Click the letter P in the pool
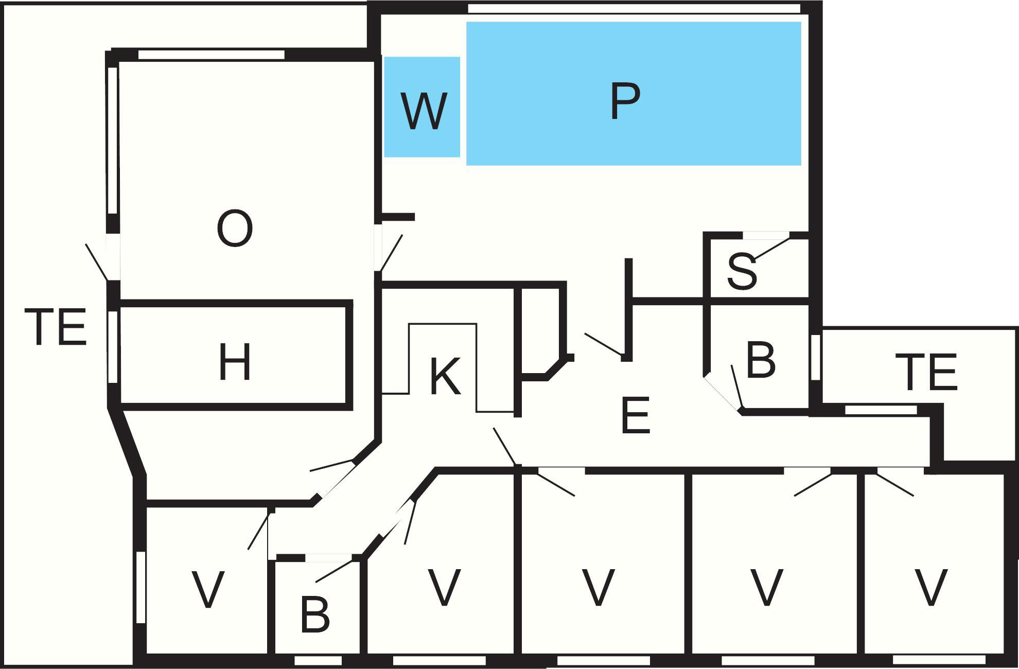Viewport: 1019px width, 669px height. tap(625, 101)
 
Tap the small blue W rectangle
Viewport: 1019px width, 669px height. tap(422, 107)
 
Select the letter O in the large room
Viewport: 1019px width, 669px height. tap(235, 229)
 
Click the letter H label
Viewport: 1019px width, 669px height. tap(235, 362)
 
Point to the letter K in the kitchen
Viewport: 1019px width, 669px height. tap(445, 377)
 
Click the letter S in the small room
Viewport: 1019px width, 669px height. tap(742, 272)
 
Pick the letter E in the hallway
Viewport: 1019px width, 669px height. tap(636, 415)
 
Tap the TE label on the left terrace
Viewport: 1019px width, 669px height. tap(56, 326)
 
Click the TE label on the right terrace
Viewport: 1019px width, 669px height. tap(926, 372)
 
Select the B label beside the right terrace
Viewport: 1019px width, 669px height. tap(761, 360)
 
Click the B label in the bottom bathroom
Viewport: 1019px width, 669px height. tap(314, 614)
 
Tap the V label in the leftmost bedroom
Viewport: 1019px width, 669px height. tap(208, 589)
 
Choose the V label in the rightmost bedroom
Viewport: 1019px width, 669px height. tap(931, 587)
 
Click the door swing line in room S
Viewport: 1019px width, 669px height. tap(771, 249)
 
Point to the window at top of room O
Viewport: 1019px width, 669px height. tap(212, 54)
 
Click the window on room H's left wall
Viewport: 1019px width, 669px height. tap(113, 347)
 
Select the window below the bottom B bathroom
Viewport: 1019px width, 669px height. tap(318, 660)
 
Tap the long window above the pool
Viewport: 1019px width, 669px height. tap(634, 9)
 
